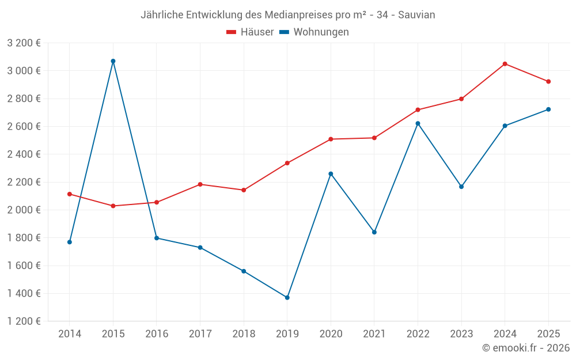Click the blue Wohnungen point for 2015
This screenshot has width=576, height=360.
tap(113, 61)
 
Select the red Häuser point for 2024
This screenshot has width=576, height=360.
tap(505, 64)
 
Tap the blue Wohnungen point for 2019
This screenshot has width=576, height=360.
tap(287, 298)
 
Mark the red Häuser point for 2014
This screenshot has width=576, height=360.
tap(70, 194)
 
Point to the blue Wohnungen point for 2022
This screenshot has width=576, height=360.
tap(418, 123)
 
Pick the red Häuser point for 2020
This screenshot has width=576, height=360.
tap(331, 139)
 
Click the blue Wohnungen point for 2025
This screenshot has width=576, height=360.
tap(548, 109)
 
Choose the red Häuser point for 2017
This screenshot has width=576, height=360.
tap(200, 184)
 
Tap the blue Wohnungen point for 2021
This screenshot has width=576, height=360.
tap(374, 232)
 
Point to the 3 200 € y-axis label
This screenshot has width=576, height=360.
tap(24, 43)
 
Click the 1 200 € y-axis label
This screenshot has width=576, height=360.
tap(24, 321)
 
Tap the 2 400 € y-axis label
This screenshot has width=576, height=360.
tap(24, 154)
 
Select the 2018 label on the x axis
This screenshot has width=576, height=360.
tap(244, 334)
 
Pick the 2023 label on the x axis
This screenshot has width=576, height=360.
tap(461, 334)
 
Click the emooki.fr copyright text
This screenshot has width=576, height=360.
tap(526, 348)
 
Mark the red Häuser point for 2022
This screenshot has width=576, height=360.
tap(418, 110)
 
